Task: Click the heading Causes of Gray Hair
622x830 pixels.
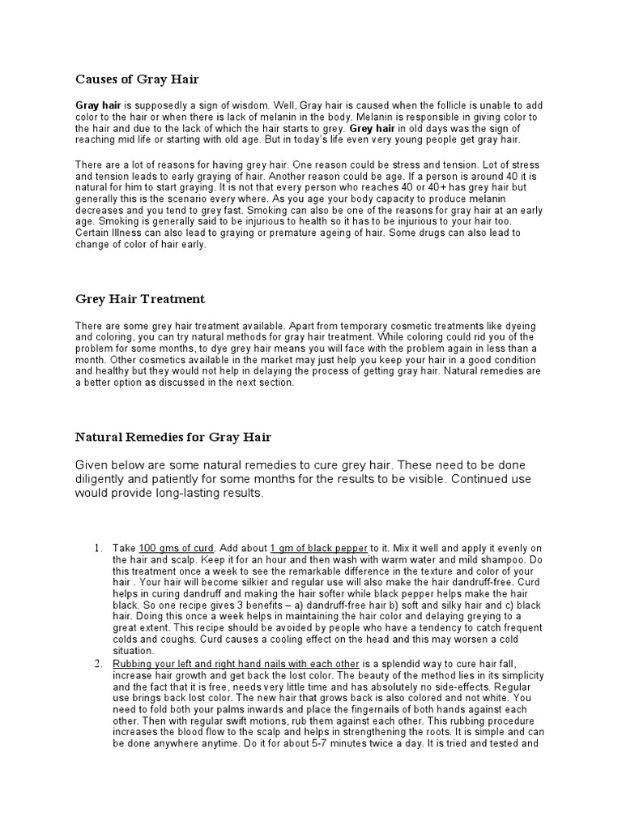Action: (x=137, y=79)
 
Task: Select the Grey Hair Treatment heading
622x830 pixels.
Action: (x=140, y=298)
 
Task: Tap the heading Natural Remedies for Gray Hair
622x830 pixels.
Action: (x=173, y=437)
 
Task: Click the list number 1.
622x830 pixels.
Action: (x=98, y=549)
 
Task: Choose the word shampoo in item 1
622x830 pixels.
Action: (x=488, y=560)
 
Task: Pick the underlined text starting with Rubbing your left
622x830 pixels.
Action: (x=236, y=664)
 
